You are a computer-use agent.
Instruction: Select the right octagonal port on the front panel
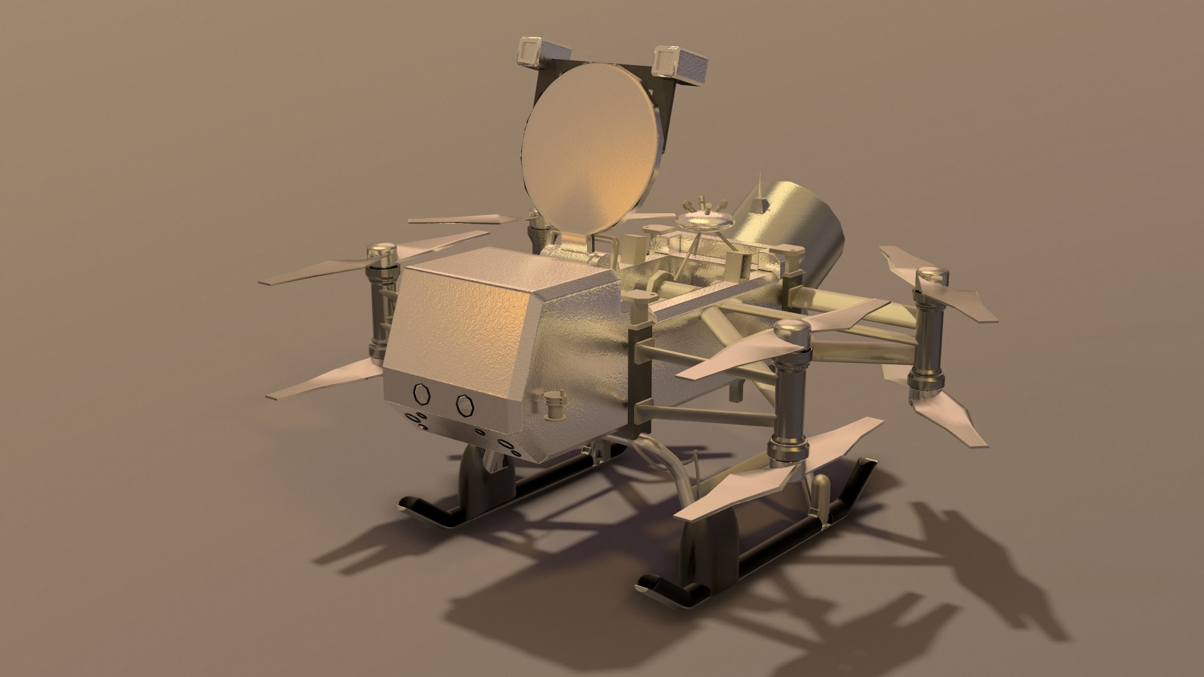pyautogui.click(x=465, y=405)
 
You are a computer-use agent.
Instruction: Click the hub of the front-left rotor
pyautogui.click(x=381, y=256)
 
